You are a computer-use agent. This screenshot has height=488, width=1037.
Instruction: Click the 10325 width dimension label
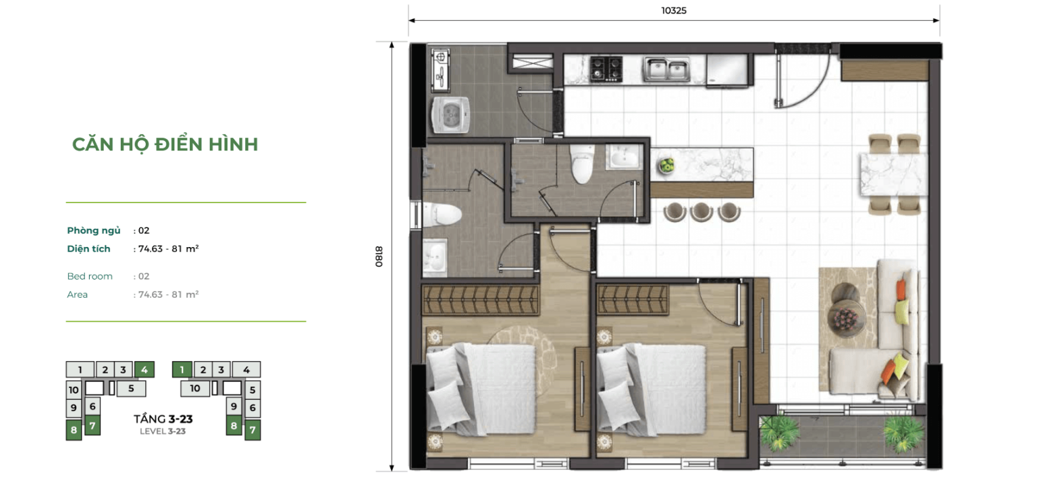[x=673, y=11]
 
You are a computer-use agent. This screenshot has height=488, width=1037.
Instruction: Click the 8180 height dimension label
[x=379, y=256]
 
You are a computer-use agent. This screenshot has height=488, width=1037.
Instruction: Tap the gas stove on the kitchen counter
[x=606, y=67]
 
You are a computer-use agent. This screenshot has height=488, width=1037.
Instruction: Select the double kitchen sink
[x=665, y=68]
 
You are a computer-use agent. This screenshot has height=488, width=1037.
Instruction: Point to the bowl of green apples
[x=667, y=163]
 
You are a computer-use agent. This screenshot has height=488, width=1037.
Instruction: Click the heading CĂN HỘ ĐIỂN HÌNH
[x=165, y=144]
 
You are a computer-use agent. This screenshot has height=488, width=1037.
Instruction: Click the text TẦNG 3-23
[x=163, y=419]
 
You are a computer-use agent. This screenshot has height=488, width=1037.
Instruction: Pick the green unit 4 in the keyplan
[x=144, y=369]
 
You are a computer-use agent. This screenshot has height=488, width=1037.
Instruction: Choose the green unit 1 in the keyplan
[x=182, y=369]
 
